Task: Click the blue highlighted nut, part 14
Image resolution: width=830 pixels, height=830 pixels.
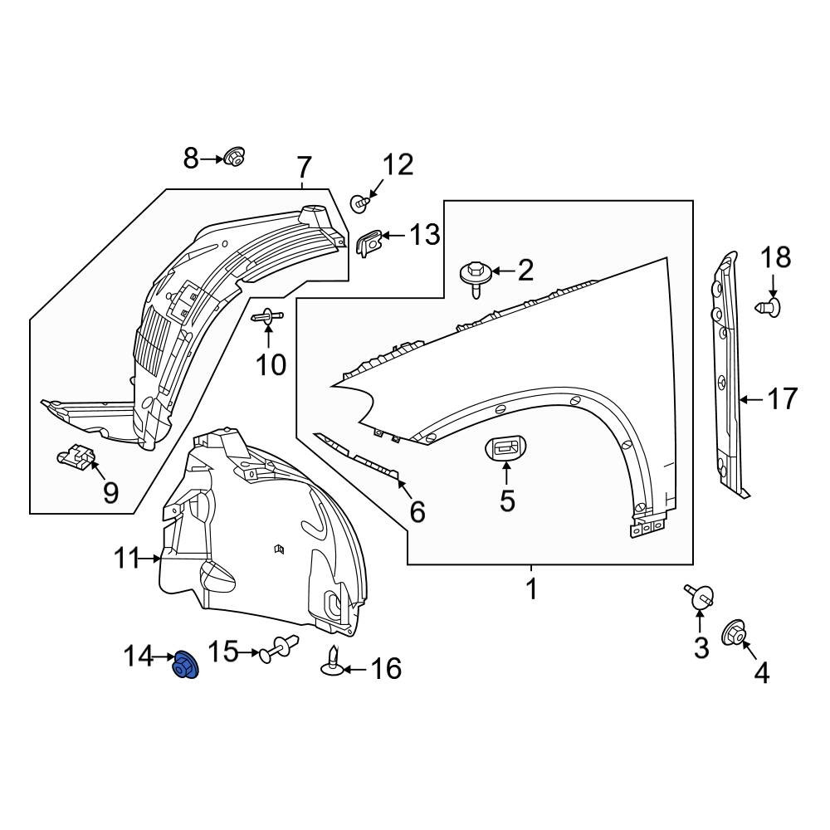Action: [185, 665]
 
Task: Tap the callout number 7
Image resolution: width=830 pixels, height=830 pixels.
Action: [303, 168]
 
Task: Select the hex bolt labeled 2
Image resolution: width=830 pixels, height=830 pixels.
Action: [475, 278]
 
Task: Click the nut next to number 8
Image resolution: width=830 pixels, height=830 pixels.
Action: [235, 156]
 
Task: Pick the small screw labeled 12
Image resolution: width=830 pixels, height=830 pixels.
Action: [359, 203]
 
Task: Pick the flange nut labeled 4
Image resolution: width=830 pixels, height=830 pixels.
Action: [735, 633]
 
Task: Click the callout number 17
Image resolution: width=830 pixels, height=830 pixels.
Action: [782, 398]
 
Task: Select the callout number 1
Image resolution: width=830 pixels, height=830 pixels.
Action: [531, 588]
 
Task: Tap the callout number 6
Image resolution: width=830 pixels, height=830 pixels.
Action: [417, 512]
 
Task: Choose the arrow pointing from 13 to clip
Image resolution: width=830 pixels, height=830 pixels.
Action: [393, 235]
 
